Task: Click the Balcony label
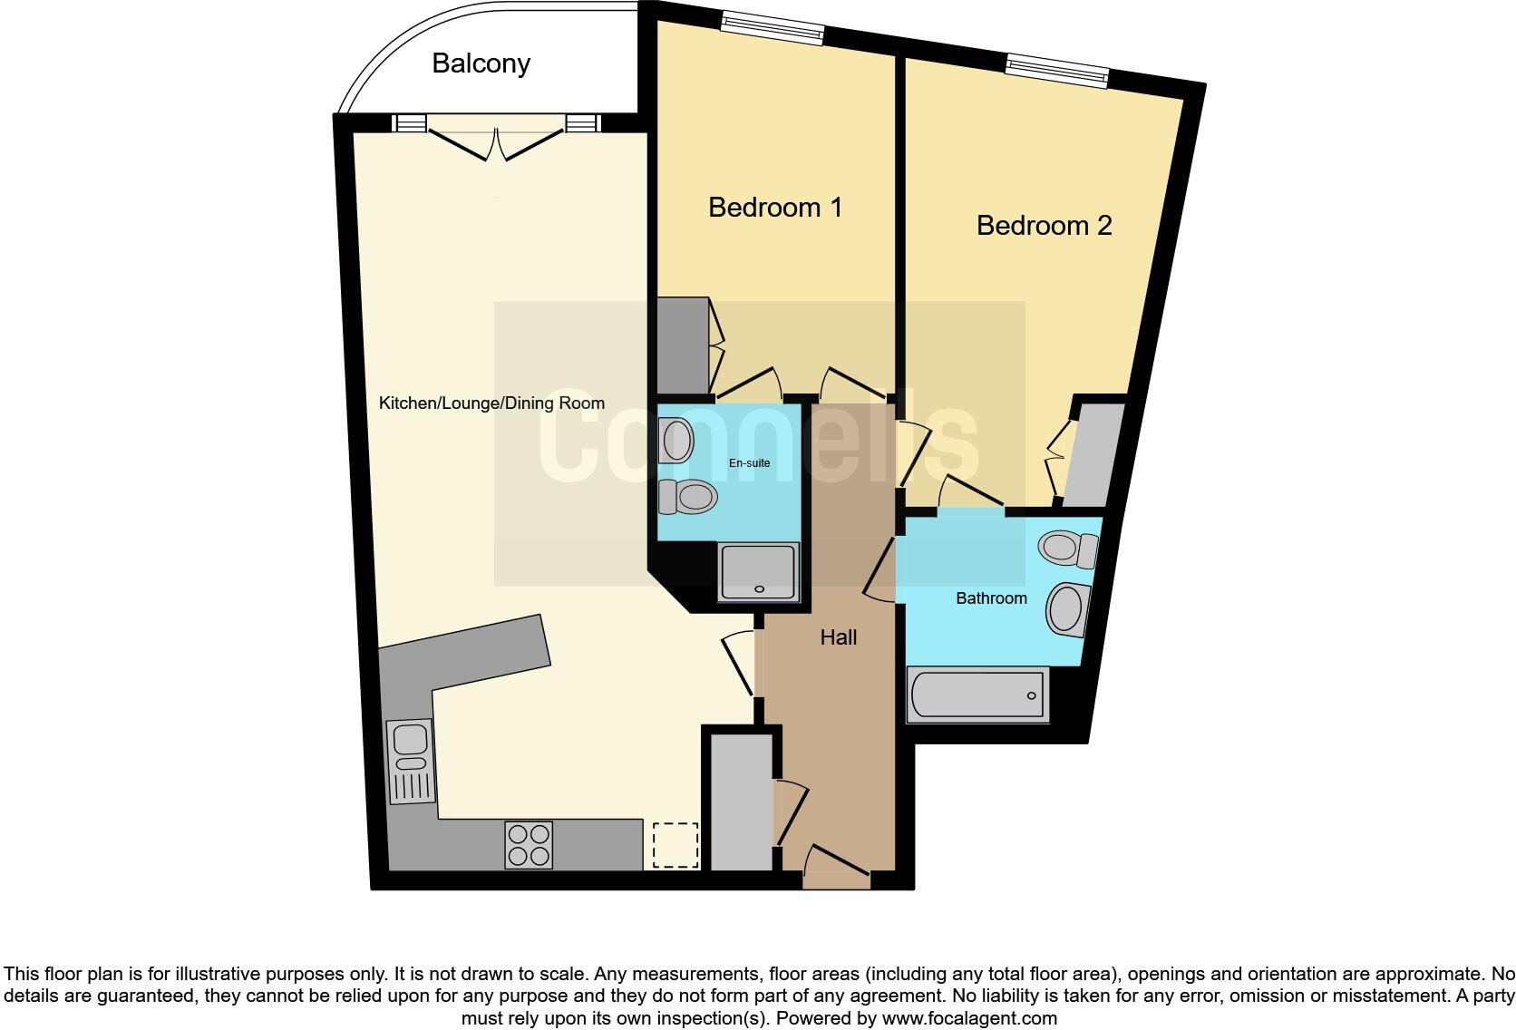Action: click(481, 63)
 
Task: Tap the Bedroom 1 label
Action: click(775, 208)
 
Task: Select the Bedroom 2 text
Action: click(1044, 226)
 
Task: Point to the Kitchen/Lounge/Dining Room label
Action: click(491, 403)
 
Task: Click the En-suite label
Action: click(750, 463)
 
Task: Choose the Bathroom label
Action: click(991, 598)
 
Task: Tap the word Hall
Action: click(838, 638)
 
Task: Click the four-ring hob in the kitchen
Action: click(529, 844)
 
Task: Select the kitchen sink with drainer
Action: click(412, 762)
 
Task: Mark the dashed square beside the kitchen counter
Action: click(675, 845)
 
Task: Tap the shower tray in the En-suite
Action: click(759, 572)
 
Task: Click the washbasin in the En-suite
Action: click(676, 441)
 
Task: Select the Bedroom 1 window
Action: click(773, 28)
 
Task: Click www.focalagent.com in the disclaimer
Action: click(969, 1018)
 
